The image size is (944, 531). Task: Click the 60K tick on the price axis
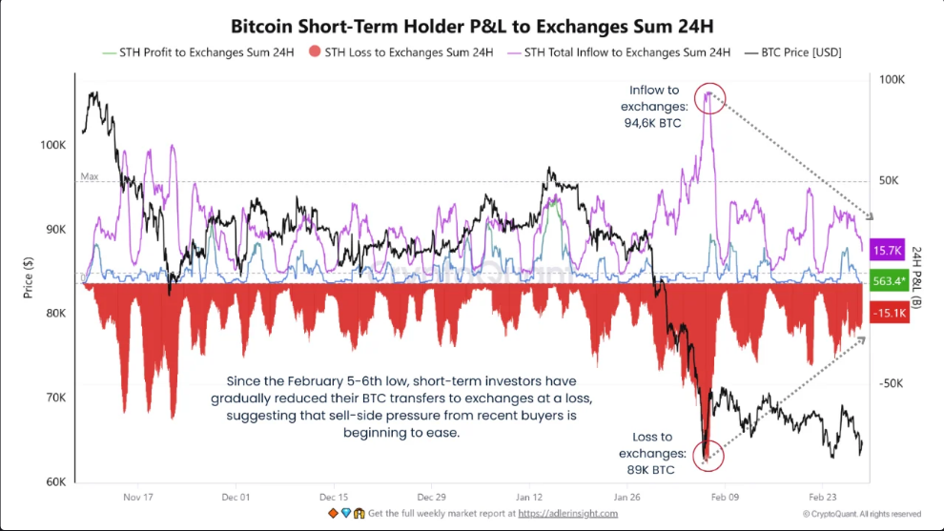54,482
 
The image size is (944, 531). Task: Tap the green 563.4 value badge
888,281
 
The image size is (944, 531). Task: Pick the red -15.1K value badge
888,312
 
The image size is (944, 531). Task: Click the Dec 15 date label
334,498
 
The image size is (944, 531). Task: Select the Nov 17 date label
138,498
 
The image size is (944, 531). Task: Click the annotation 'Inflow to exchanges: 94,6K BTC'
653,106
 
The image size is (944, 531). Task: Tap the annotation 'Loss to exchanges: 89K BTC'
652,452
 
